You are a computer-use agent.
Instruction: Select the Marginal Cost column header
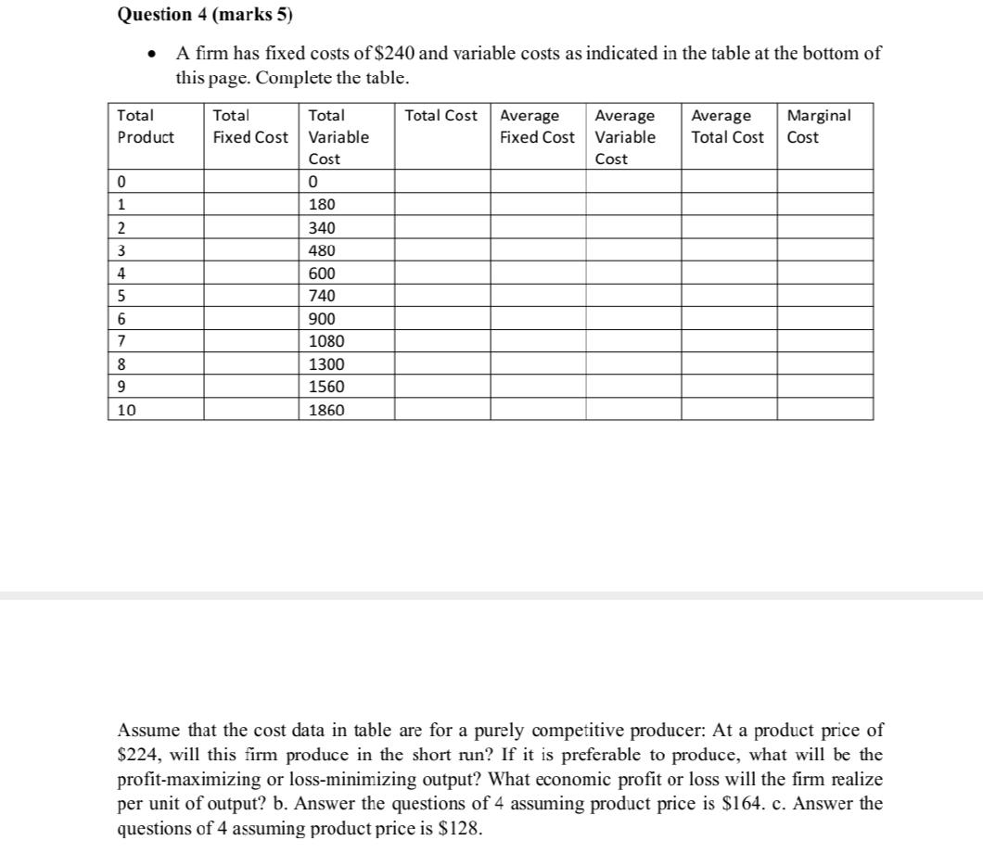[x=817, y=126]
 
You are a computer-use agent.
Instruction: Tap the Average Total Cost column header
[x=727, y=126]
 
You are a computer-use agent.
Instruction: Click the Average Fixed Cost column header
[x=537, y=126]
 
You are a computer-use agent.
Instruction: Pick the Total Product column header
[x=146, y=126]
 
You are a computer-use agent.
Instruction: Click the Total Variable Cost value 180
[x=322, y=205]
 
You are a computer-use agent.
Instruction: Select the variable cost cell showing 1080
[x=326, y=341]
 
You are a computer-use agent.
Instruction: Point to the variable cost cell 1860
[x=326, y=409]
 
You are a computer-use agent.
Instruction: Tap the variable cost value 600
[x=322, y=274]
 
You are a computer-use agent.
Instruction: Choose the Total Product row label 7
[x=121, y=341]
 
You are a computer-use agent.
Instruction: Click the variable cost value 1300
[x=326, y=364]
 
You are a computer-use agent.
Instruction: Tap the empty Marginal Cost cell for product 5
[x=823, y=296]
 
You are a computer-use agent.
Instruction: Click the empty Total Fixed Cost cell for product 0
[x=250, y=182]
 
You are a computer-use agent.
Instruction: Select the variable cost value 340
[x=322, y=228]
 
